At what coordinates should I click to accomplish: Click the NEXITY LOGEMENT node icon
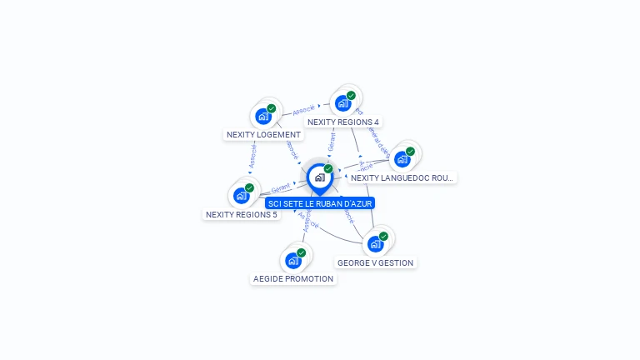click(x=264, y=116)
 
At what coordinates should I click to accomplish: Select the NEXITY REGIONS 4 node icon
click(x=343, y=103)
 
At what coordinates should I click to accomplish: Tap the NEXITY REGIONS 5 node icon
click(x=242, y=196)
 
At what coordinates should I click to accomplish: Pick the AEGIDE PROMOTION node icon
click(x=293, y=261)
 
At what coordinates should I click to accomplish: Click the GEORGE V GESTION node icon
click(x=376, y=244)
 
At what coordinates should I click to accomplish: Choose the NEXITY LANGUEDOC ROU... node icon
click(x=402, y=159)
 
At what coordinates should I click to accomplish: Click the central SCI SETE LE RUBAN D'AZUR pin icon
click(x=319, y=177)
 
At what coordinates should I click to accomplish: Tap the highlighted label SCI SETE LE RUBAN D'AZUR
click(x=320, y=202)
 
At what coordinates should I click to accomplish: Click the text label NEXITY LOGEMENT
click(x=263, y=134)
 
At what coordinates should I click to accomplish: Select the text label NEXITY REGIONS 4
click(x=343, y=122)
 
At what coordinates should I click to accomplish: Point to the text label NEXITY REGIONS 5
click(x=242, y=214)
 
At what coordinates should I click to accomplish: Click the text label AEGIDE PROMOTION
click(x=293, y=278)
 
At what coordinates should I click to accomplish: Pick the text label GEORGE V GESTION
click(x=375, y=262)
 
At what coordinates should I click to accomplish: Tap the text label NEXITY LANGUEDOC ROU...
click(x=402, y=177)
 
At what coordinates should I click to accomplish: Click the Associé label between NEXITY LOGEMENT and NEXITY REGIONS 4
click(x=303, y=108)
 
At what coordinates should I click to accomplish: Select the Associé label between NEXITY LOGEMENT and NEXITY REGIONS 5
click(x=252, y=156)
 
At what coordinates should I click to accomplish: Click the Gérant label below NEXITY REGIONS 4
click(x=332, y=142)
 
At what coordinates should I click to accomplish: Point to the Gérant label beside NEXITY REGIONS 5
click(x=281, y=188)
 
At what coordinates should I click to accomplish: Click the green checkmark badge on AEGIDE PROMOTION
click(x=301, y=252)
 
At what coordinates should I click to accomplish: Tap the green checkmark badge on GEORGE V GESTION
click(x=383, y=236)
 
